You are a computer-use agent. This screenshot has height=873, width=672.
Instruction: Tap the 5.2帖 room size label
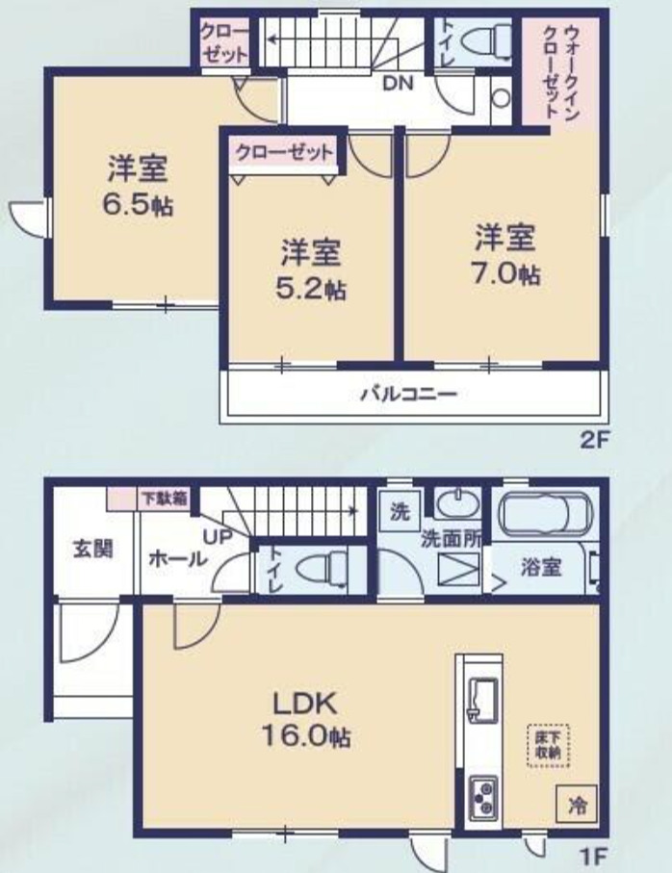[x=311, y=290]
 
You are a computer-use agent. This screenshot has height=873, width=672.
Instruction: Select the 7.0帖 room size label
[x=506, y=274]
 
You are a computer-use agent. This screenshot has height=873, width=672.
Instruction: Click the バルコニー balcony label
[x=409, y=395]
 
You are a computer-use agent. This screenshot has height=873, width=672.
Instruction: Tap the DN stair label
[x=398, y=84]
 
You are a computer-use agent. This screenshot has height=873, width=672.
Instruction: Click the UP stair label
[x=218, y=537]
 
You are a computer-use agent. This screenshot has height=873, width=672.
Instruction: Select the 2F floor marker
[x=596, y=441]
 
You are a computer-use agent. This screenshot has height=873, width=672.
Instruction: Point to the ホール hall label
[x=177, y=558]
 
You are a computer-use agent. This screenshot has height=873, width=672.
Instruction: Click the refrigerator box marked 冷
[x=578, y=805]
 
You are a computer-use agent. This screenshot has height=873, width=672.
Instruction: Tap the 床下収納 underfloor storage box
[x=548, y=746]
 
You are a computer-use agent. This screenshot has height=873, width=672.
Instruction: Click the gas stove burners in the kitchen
[x=482, y=798]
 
